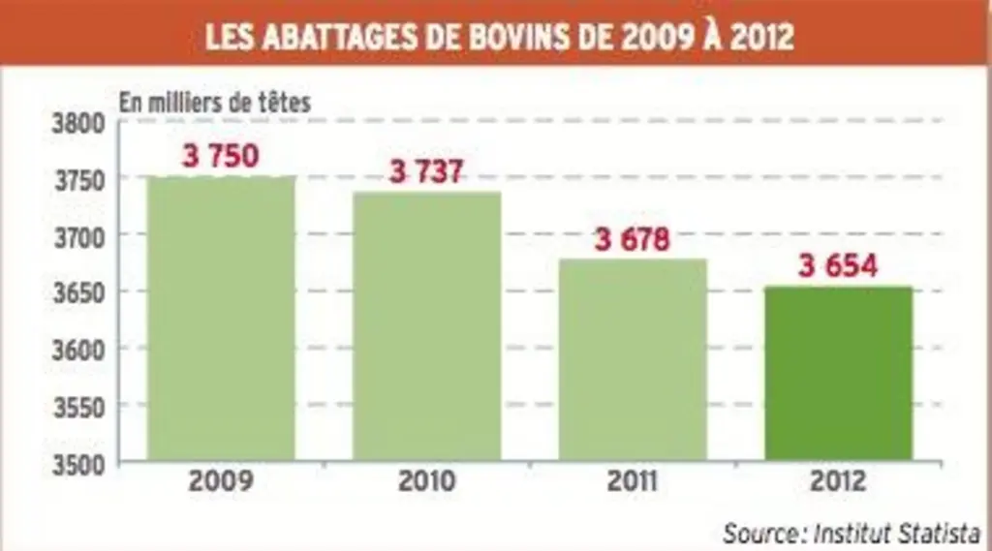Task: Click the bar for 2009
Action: (x=221, y=319)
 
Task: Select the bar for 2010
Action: (x=427, y=325)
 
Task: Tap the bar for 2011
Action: (x=633, y=359)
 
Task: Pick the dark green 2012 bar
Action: (x=838, y=373)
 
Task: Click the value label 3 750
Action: (x=220, y=156)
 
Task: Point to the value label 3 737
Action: (x=426, y=171)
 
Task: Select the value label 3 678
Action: (x=632, y=239)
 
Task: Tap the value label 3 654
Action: (x=838, y=265)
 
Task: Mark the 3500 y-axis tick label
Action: (x=78, y=465)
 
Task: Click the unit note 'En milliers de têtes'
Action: (x=215, y=103)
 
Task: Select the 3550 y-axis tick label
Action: (x=78, y=408)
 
